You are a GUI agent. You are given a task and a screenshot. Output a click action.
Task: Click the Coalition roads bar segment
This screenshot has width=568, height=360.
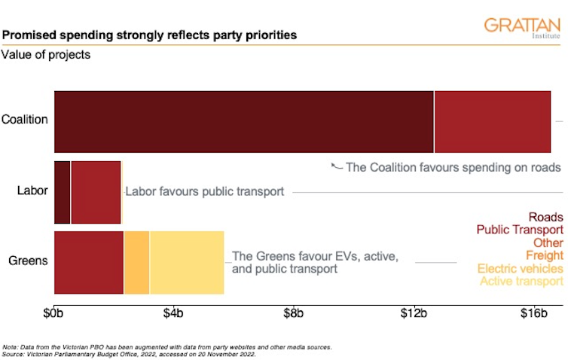pyautogui.click(x=244, y=121)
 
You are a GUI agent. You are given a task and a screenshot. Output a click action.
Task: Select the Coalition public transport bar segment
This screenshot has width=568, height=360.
pyautogui.click(x=493, y=121)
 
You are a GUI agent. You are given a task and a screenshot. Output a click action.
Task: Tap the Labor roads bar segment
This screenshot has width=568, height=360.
pyautogui.click(x=62, y=192)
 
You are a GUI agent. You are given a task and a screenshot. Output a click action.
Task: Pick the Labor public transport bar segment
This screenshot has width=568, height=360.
pyautogui.click(x=96, y=192)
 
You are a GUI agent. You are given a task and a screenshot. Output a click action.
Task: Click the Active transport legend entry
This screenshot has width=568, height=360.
pyautogui.click(x=521, y=282)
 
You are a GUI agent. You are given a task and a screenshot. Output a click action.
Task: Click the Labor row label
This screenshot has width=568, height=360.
pyautogui.click(x=32, y=191)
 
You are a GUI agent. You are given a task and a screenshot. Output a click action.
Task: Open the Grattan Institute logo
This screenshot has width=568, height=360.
pyautogui.click(x=522, y=27)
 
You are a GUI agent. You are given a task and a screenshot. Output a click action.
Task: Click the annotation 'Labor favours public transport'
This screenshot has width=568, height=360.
pyautogui.click(x=204, y=192)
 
